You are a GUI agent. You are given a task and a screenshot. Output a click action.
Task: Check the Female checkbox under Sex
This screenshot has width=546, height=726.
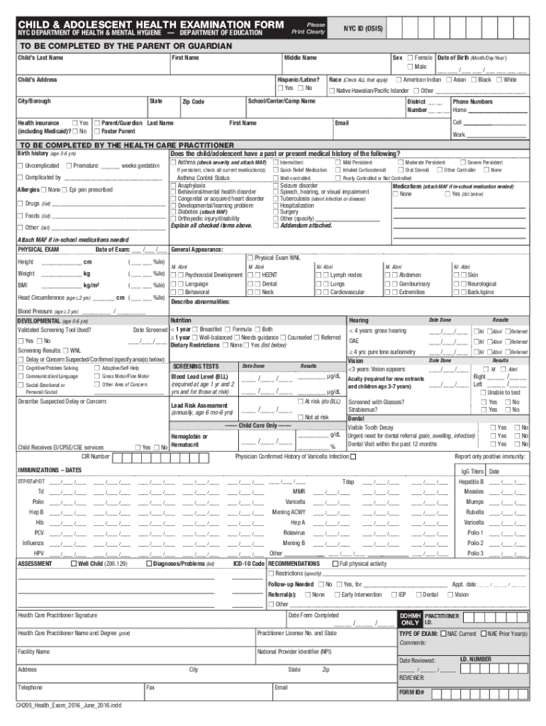click(x=409, y=57)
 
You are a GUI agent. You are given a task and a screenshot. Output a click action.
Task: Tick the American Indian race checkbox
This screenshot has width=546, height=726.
click(x=399, y=79)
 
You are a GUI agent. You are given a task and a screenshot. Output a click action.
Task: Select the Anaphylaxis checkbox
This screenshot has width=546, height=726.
click(x=174, y=184)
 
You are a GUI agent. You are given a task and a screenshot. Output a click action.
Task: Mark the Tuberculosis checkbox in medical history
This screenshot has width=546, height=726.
click(x=277, y=199)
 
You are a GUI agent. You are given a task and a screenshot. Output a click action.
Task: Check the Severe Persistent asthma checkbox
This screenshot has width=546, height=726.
click(x=462, y=162)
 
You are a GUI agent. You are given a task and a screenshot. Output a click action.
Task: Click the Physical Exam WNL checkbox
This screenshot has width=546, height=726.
click(x=250, y=257)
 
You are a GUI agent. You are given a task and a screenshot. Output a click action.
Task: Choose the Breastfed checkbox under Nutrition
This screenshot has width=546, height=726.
click(x=196, y=329)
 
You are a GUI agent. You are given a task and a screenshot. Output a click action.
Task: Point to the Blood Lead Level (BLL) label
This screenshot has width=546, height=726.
click(x=199, y=376)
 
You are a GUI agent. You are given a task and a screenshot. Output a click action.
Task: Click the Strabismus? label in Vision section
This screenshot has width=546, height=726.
click(x=363, y=410)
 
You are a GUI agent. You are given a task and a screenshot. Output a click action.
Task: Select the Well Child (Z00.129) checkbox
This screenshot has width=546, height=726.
click(x=74, y=564)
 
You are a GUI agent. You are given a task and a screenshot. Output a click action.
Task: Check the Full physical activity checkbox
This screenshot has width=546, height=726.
click(x=335, y=564)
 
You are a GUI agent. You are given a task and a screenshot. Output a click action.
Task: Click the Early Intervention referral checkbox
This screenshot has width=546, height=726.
click(x=338, y=594)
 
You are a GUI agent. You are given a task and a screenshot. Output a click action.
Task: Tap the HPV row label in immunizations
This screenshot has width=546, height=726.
click(x=38, y=553)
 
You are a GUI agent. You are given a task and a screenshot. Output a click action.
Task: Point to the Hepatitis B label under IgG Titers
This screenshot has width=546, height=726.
click(x=471, y=481)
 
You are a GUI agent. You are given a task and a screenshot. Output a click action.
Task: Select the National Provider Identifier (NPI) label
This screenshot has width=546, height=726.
click(x=294, y=650)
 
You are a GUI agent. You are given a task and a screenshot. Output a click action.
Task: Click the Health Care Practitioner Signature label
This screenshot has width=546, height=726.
click(x=57, y=615)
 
